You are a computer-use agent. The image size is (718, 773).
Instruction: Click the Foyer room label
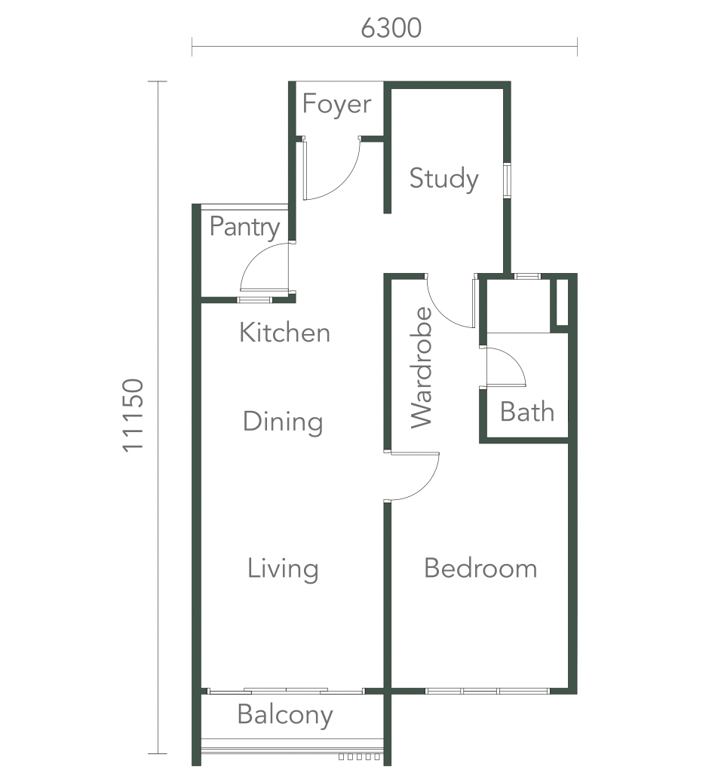(x=337, y=105)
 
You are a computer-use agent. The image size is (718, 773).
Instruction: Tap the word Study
(x=443, y=179)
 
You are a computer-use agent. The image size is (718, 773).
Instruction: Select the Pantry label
(x=244, y=227)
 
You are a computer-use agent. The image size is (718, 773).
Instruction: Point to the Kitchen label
(x=284, y=333)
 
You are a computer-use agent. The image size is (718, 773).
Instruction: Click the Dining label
(x=283, y=422)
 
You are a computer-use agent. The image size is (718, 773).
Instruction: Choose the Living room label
(x=283, y=569)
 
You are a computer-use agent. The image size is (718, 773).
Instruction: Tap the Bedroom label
(x=480, y=568)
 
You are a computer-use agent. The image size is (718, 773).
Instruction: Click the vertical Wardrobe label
(x=422, y=367)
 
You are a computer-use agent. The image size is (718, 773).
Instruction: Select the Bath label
(x=527, y=412)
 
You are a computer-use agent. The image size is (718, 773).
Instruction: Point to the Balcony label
(x=285, y=715)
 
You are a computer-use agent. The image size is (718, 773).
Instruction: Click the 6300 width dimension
(x=391, y=28)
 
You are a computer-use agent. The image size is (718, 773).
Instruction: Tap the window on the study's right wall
(x=507, y=179)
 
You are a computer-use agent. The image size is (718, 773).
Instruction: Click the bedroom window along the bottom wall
(x=487, y=691)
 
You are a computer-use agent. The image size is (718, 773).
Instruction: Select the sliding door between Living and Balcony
(x=285, y=691)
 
